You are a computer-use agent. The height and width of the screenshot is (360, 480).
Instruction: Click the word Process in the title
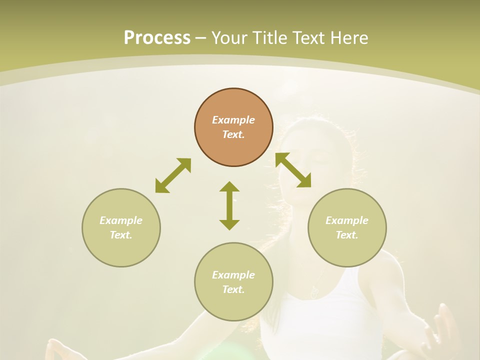[x=157, y=37]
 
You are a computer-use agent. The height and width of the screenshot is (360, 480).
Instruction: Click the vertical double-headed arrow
[x=229, y=206]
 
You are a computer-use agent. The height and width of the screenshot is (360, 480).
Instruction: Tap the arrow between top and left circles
[x=173, y=175]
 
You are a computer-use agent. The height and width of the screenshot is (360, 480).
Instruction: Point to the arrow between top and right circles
[x=293, y=170]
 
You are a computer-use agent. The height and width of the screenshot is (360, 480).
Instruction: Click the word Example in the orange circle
[x=233, y=120]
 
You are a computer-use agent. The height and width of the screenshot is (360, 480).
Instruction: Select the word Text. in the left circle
[x=121, y=235]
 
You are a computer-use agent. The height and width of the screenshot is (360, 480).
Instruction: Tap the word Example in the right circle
[x=347, y=220]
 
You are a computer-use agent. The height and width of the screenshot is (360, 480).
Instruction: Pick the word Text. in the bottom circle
[x=233, y=289]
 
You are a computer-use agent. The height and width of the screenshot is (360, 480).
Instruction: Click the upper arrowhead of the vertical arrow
[x=229, y=186]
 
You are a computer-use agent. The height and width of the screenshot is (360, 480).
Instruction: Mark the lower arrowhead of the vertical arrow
[x=229, y=224]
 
